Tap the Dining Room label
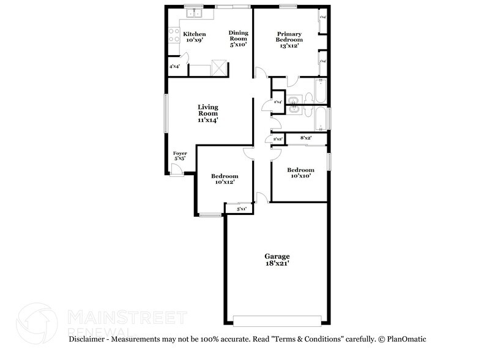pos(238,38)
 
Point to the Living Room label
pos(208,113)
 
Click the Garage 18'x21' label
pos(277,259)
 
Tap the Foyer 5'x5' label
pos(179,156)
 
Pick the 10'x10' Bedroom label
pos(300,173)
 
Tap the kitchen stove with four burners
pos(172,37)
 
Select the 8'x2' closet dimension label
pos(306,139)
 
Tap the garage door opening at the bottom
pos(277,321)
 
